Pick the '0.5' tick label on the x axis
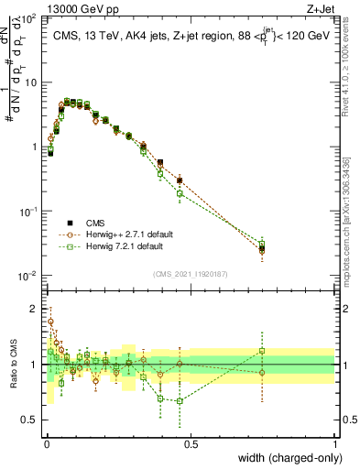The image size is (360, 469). pos(191,444)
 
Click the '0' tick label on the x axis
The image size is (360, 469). pos(46,444)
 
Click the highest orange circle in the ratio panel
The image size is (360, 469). pos(51,322)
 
